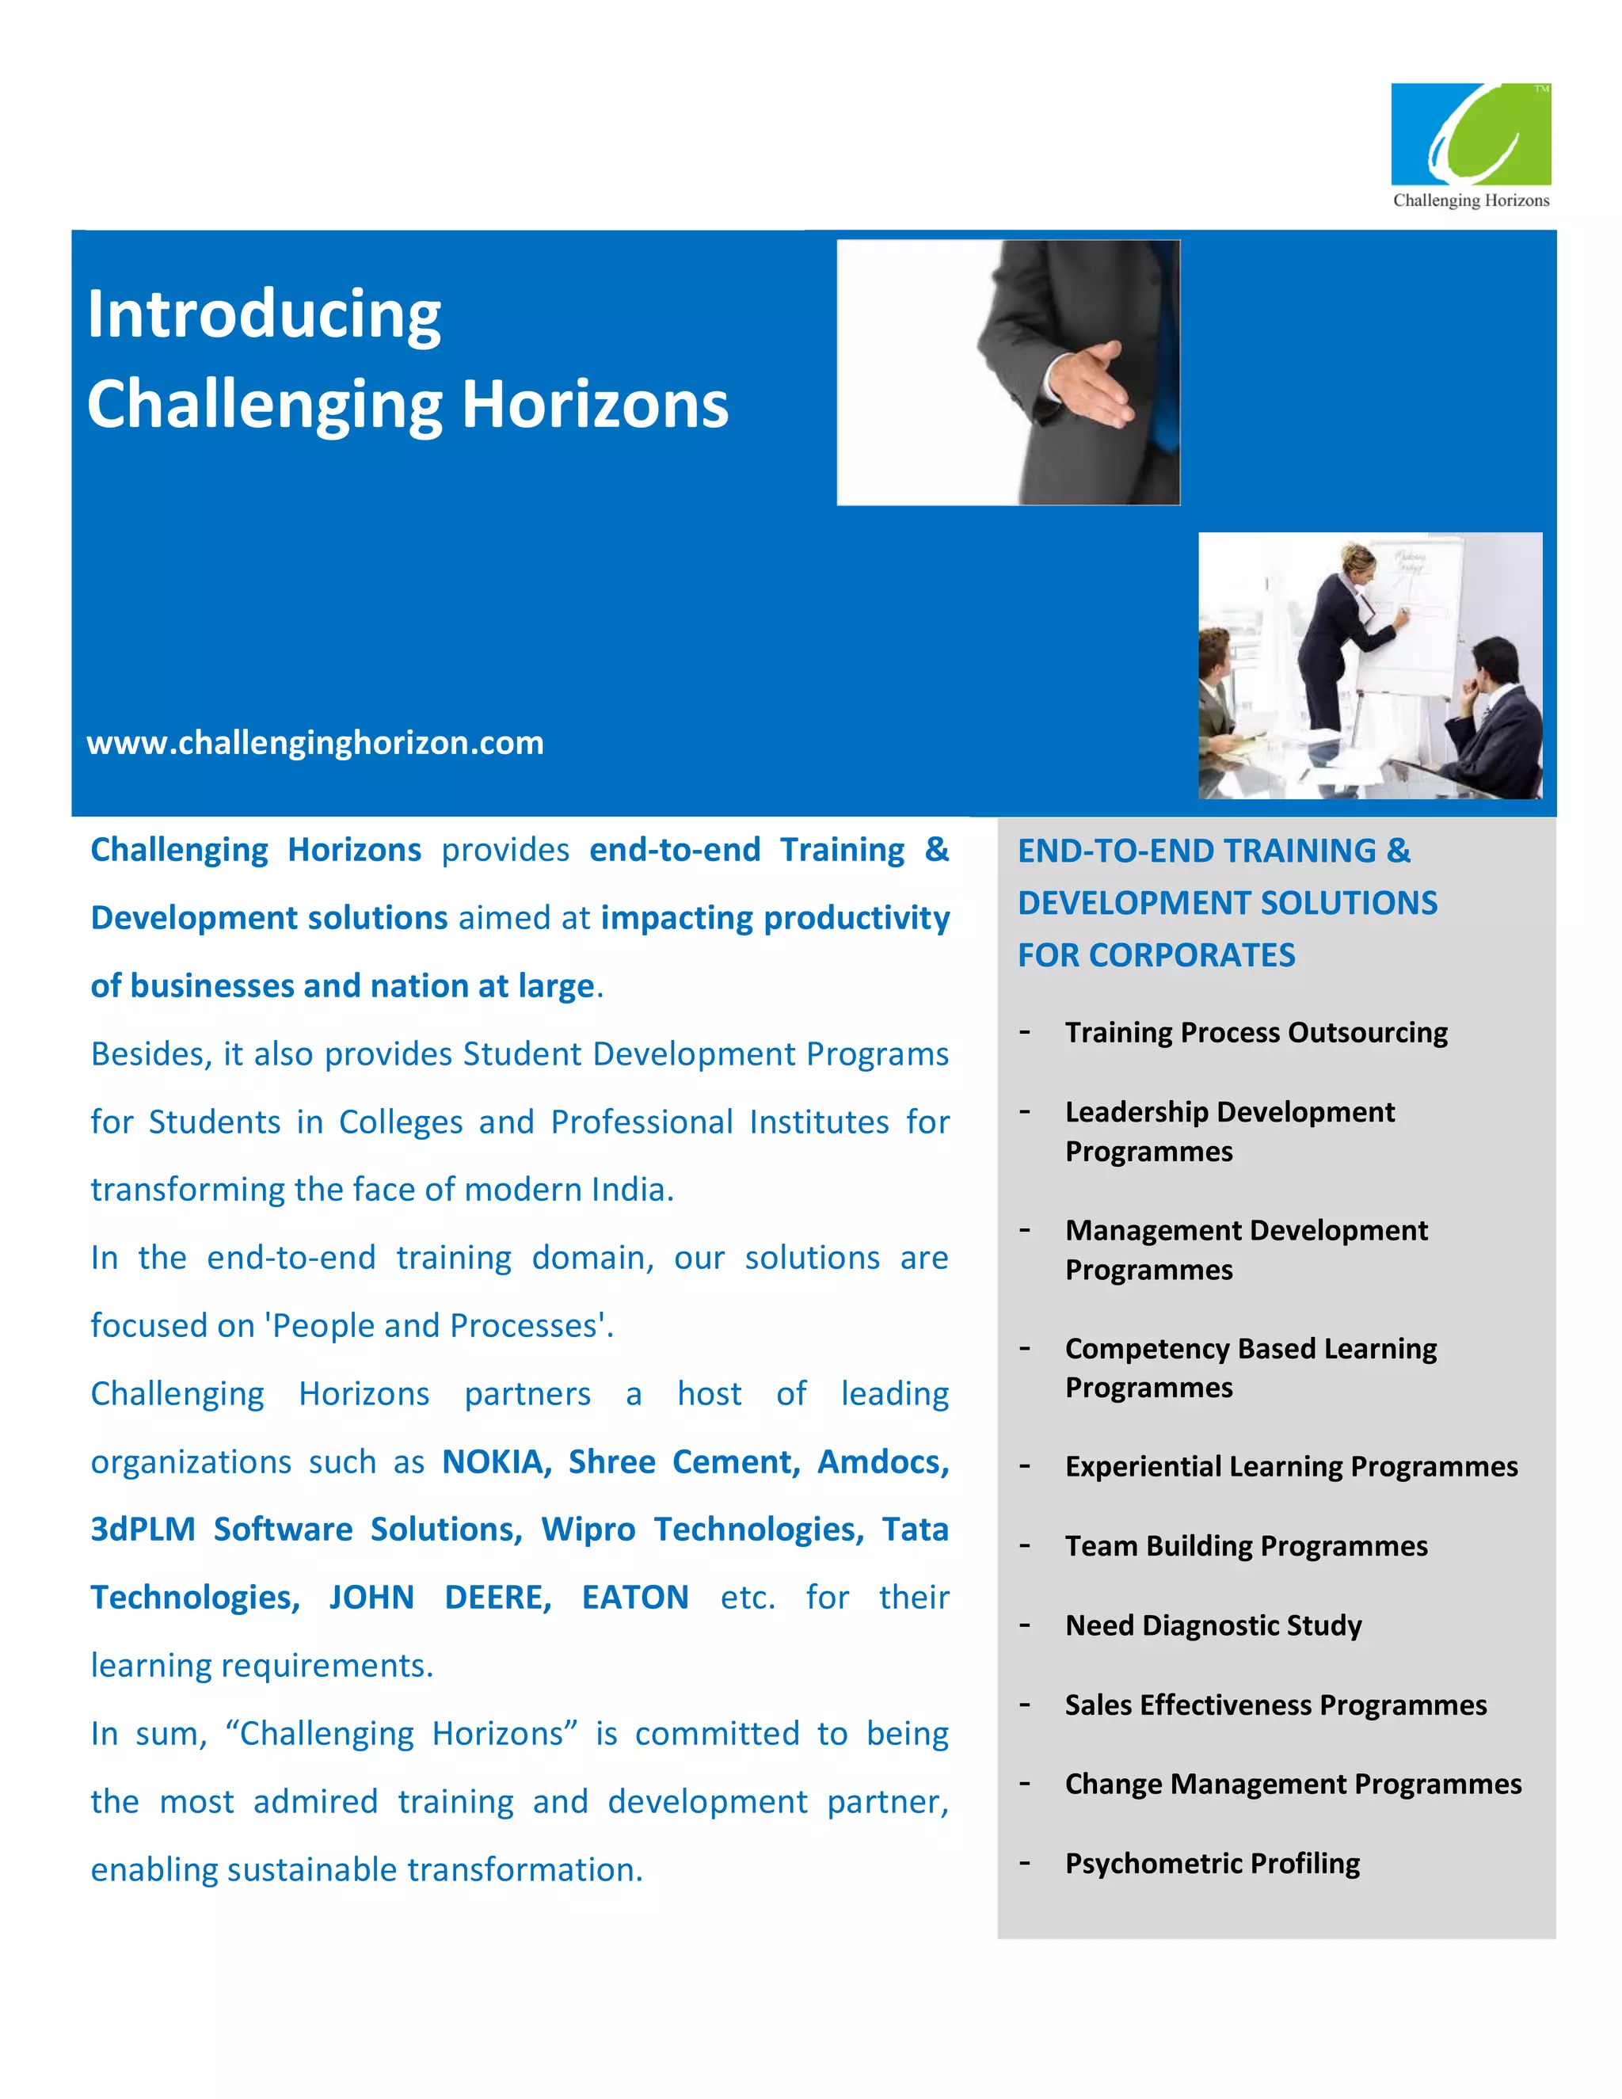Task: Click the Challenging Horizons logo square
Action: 1470,134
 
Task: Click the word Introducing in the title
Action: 265,314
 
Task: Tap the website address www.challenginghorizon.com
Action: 315,743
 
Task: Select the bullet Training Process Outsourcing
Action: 1256,1032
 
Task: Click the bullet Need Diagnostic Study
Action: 1213,1625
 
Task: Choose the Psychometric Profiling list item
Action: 1213,1863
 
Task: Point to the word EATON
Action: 635,1598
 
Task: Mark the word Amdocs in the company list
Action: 882,1462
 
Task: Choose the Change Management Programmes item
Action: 1293,1784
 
